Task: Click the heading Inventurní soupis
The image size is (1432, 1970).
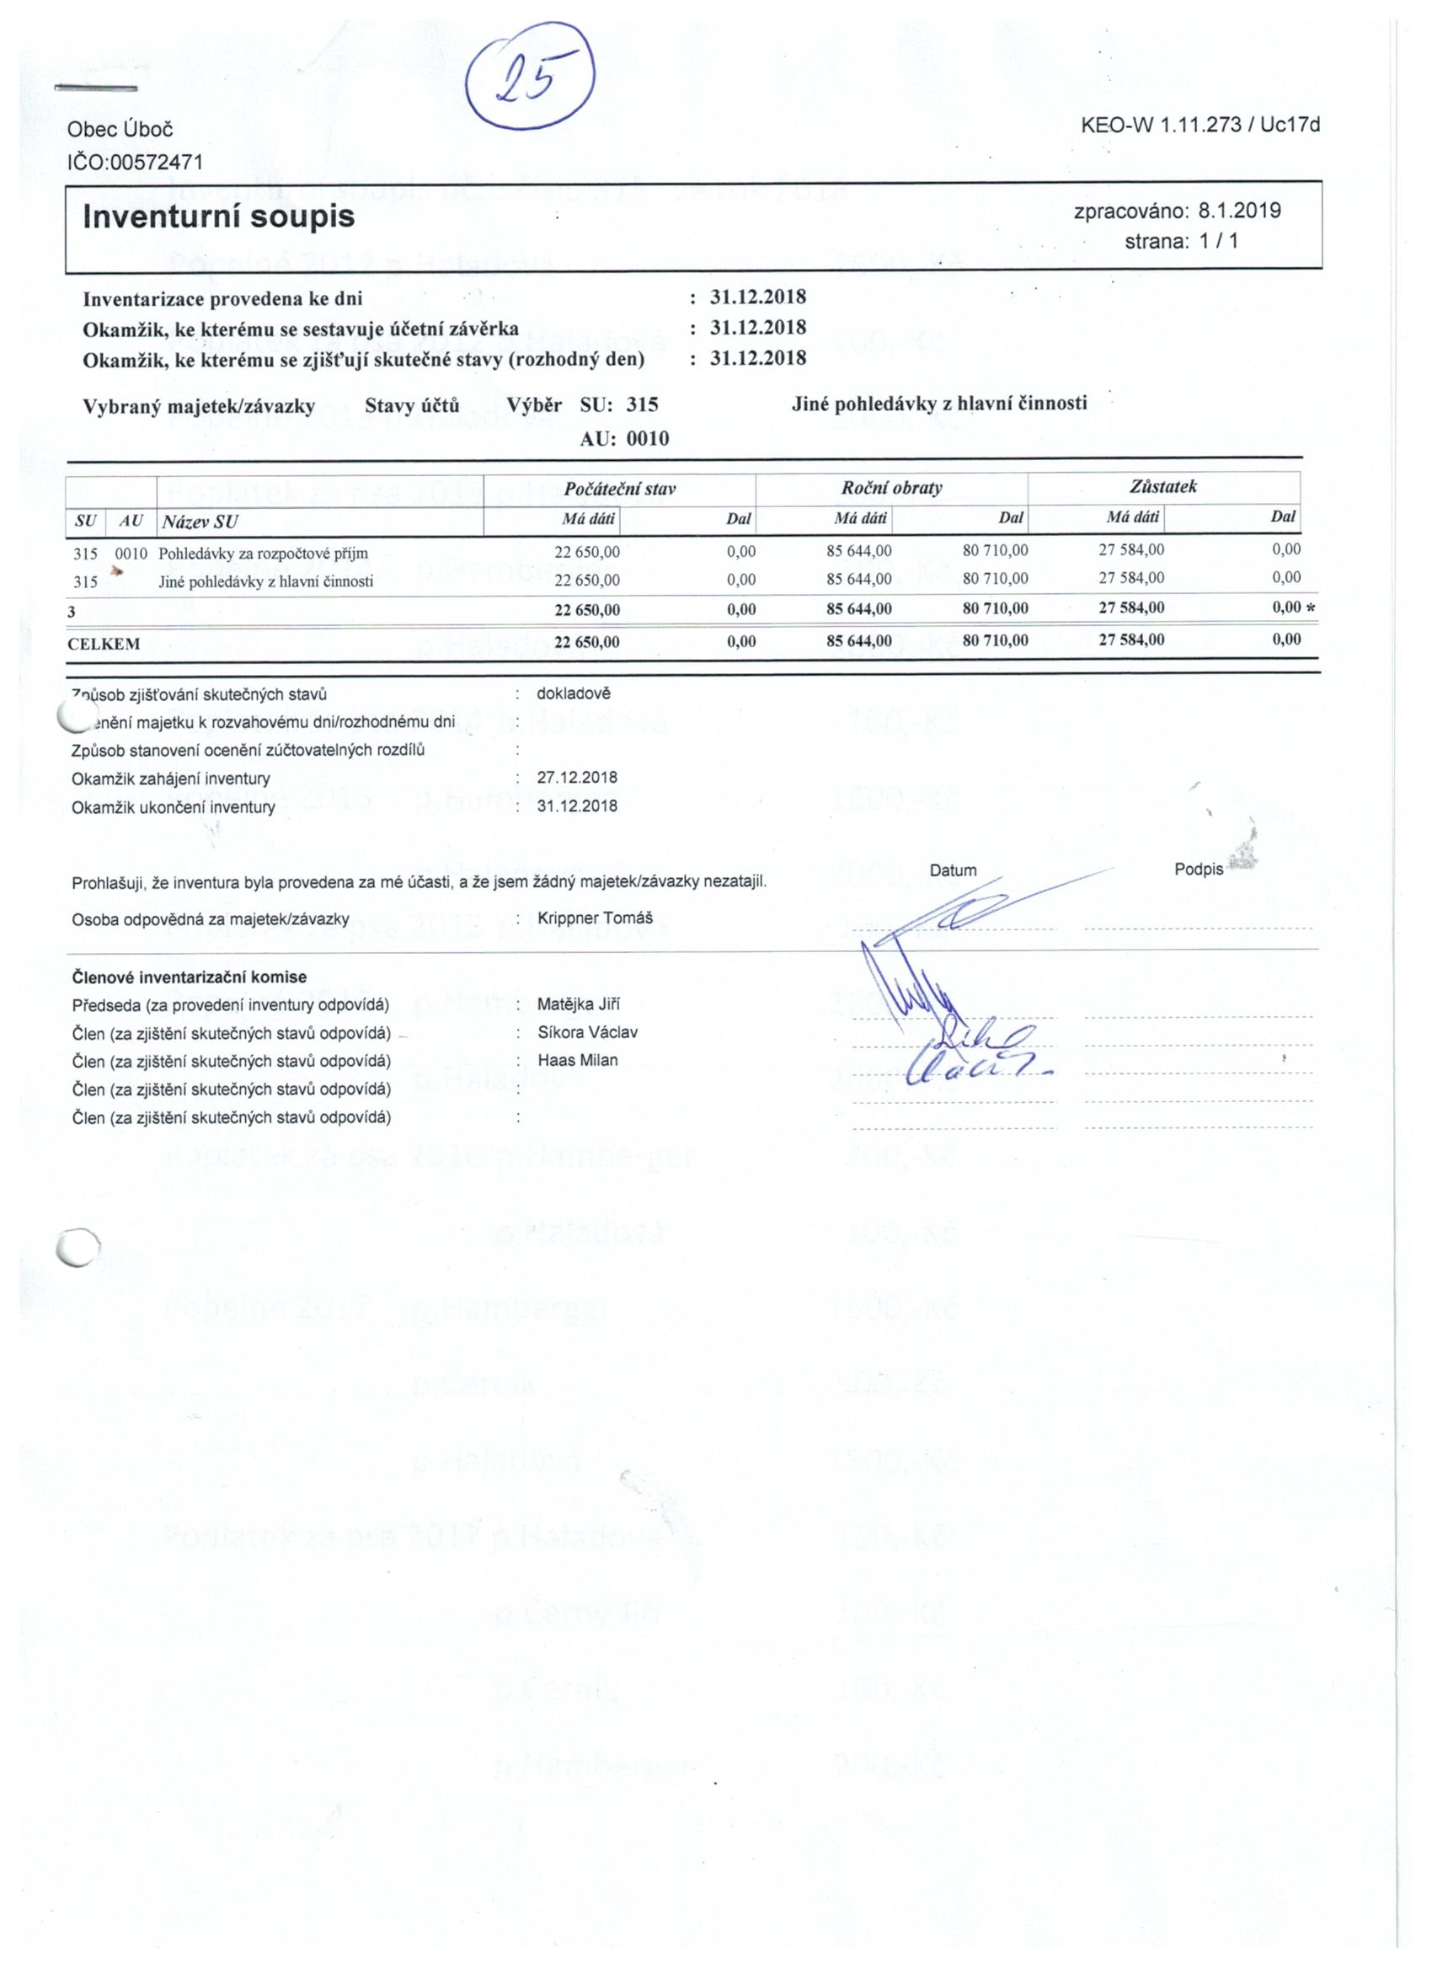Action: point(219,217)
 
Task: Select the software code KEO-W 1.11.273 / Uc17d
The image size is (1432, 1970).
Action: point(1200,125)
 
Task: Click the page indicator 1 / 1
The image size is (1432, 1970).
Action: point(1218,242)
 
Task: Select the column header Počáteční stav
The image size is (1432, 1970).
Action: point(619,489)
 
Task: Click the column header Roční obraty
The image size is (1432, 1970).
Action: point(891,488)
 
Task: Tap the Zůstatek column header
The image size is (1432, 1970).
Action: point(1163,486)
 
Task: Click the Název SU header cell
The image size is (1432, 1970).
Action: point(200,522)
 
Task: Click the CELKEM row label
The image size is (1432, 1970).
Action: point(104,644)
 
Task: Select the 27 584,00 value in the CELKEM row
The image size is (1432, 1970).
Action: point(1130,640)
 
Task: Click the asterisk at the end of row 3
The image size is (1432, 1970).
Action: point(1311,608)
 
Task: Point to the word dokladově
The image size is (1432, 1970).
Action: point(574,694)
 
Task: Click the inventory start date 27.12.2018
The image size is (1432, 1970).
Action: point(577,778)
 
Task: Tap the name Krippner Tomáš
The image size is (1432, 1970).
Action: point(595,918)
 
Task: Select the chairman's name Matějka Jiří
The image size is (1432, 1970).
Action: point(579,1005)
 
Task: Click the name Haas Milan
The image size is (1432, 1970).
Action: point(578,1061)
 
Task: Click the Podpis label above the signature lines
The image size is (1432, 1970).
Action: point(1199,870)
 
